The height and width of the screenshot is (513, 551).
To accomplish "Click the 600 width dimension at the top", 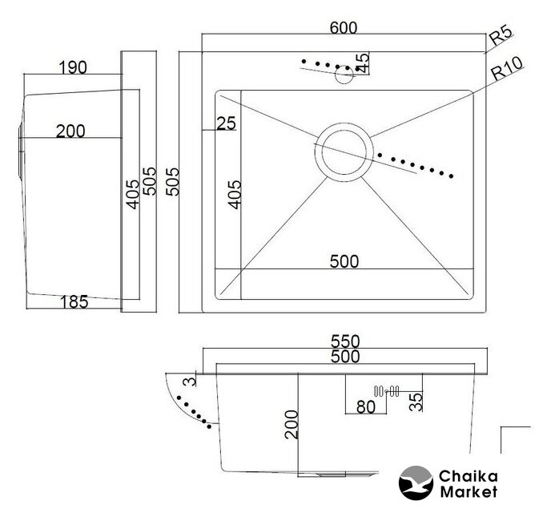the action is coord(344,28).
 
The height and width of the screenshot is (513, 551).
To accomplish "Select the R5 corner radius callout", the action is coord(501,35).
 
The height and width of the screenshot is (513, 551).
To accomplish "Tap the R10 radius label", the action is coord(507,68).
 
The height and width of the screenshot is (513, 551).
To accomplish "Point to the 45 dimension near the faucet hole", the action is coord(362,63).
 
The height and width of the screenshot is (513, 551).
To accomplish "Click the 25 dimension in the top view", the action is coord(226,123).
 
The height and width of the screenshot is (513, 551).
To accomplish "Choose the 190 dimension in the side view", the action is coord(72,67).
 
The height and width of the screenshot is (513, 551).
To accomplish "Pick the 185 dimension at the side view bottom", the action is coord(74,302).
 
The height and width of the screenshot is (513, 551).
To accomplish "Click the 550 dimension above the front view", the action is coord(345,341).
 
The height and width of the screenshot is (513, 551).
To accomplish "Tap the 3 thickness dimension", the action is coord(190,381).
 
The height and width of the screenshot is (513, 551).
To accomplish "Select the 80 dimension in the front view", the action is coord(366,407).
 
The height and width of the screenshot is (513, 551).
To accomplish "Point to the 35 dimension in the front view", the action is coord(416,402).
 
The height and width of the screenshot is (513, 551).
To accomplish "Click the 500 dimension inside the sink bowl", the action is coord(344,261).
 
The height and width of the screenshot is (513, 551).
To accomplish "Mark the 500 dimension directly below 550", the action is coord(345,357).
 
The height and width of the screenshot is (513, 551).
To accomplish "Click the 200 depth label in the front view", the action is coord(292,424).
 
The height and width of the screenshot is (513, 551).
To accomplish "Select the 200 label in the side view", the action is coord(70,131).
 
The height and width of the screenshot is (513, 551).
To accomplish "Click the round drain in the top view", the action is coord(344,151).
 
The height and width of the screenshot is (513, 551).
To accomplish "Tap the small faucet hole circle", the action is coord(344,75).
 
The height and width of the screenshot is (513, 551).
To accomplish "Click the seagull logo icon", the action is coord(416,483).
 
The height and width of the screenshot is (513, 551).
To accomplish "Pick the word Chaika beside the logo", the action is coord(468,476).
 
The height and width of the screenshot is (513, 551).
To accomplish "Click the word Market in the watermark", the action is coord(469,491).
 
